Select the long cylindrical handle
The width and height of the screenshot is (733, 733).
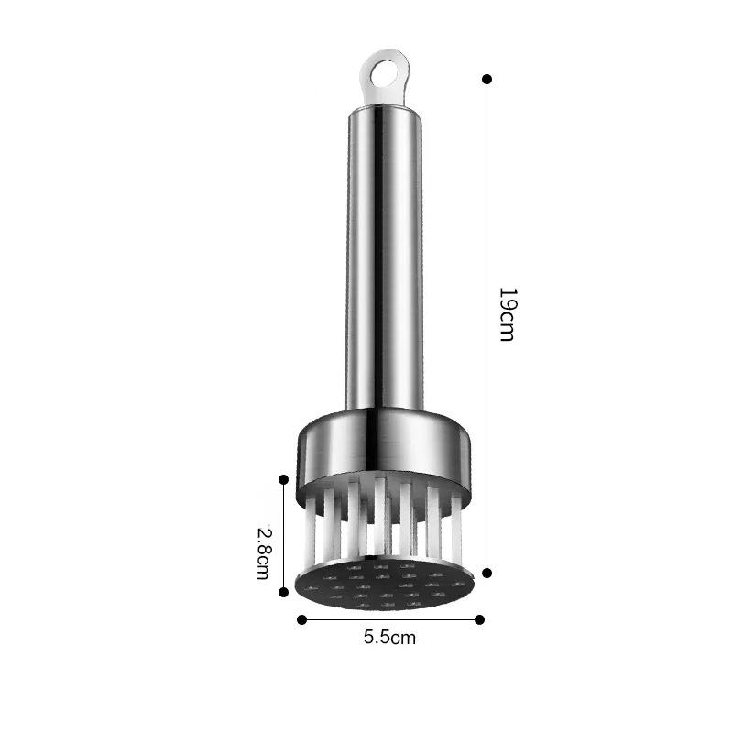[384, 257]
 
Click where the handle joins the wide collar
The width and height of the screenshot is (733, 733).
[384, 410]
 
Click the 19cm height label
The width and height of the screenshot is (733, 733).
[507, 314]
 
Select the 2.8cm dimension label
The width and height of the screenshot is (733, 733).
[263, 552]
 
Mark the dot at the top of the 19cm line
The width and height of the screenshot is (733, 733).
[487, 80]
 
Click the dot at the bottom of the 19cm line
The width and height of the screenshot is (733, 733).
[487, 573]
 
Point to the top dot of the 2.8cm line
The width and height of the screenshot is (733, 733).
[284, 479]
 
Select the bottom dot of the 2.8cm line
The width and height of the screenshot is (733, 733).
[284, 593]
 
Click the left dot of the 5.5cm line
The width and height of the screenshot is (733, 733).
[301, 619]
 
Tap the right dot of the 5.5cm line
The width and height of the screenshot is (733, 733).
[479, 619]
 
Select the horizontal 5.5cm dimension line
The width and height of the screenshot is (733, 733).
[389, 619]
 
